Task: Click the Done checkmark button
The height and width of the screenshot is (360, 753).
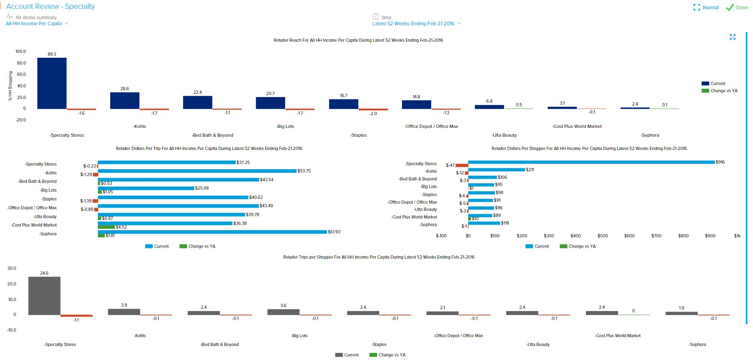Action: [x=737, y=7]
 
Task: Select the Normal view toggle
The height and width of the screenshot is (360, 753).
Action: [x=706, y=7]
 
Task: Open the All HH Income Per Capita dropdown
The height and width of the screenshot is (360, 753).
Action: [x=36, y=24]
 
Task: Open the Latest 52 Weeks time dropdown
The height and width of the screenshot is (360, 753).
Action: [x=416, y=24]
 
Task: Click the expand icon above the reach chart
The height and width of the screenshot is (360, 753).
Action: [x=733, y=37]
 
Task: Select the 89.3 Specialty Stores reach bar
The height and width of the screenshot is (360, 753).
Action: [x=52, y=83]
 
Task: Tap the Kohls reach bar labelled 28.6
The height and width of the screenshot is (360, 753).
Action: [x=125, y=100]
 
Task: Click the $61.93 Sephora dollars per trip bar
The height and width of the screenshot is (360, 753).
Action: [x=212, y=232]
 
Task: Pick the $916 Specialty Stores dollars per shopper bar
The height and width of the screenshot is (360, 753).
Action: [x=591, y=162]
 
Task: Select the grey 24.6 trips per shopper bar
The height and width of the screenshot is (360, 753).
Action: [x=44, y=295]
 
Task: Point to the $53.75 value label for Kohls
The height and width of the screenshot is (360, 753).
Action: [x=304, y=171]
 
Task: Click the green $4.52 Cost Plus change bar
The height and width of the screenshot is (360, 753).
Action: [x=106, y=227]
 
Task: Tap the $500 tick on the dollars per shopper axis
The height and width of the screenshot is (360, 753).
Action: [x=602, y=236]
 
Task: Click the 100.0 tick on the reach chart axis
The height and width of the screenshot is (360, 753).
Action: [x=20, y=51]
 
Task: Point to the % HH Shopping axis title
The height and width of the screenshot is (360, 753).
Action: [x=10, y=85]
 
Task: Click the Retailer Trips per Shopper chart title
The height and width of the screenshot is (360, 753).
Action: [x=379, y=257]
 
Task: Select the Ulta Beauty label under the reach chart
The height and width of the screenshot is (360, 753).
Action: [x=504, y=135]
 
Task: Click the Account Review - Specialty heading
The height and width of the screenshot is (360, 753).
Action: [x=50, y=6]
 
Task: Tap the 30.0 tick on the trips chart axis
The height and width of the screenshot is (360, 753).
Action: [x=12, y=268]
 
